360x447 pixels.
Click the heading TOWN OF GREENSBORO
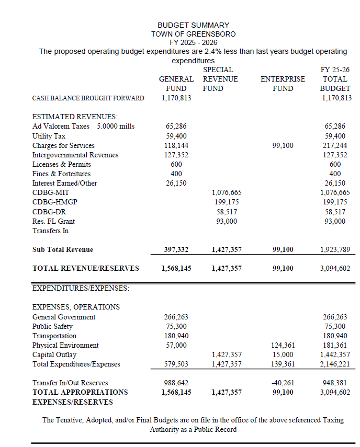point(193,34)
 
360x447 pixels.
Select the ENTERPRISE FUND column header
point(283,84)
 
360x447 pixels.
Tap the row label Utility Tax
point(49,136)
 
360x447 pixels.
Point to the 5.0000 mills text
point(116,127)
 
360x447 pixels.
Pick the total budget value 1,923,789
point(335,250)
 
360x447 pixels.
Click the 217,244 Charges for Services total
point(335,145)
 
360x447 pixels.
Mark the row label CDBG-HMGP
point(52,202)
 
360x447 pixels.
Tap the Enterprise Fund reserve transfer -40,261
point(283,383)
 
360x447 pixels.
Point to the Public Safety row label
point(52,326)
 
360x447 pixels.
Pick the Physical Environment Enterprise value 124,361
point(283,345)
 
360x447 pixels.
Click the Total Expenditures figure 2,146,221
point(335,364)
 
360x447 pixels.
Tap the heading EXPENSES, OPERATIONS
point(76,307)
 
